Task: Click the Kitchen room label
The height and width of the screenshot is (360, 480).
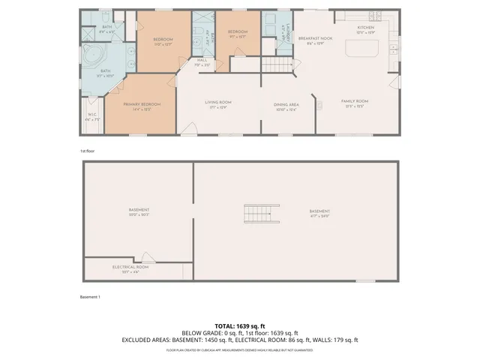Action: pos(365,28)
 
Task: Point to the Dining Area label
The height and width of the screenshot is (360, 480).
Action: pos(287,105)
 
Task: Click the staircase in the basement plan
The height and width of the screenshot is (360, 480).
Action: pos(259,214)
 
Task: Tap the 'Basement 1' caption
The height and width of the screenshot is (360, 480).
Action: pos(90,297)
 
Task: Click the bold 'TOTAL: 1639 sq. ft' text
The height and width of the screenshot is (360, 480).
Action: pos(240,326)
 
